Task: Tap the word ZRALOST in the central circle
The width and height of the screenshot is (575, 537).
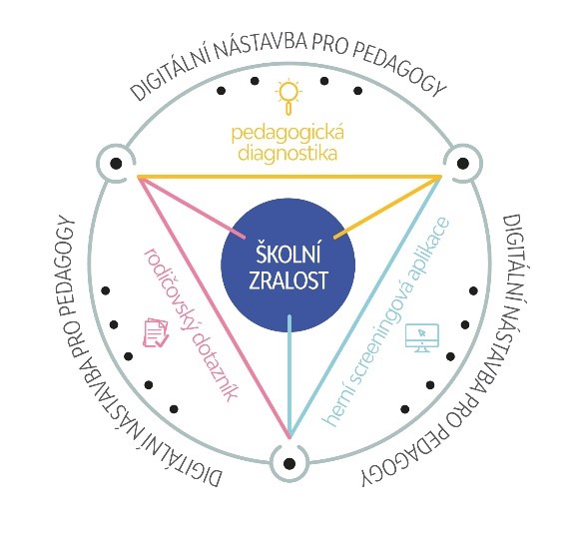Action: click(287, 280)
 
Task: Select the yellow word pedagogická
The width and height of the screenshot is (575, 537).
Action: click(287, 134)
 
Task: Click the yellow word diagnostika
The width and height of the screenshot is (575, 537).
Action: click(287, 154)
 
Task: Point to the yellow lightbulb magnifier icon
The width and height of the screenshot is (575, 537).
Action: click(289, 96)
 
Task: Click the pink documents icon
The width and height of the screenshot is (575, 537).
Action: click(156, 332)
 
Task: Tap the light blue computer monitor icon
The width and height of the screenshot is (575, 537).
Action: click(422, 338)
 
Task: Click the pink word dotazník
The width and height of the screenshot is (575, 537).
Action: click(215, 366)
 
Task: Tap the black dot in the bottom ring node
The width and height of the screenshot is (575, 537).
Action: click(289, 463)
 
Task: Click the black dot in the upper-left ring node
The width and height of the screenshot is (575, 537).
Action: click(116, 163)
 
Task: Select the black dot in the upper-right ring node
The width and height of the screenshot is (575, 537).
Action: click(463, 163)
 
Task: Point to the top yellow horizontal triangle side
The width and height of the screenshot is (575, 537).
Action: click(289, 177)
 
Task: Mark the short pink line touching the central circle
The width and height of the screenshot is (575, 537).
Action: click(192, 208)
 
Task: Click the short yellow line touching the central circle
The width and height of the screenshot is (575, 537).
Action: click(387, 207)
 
